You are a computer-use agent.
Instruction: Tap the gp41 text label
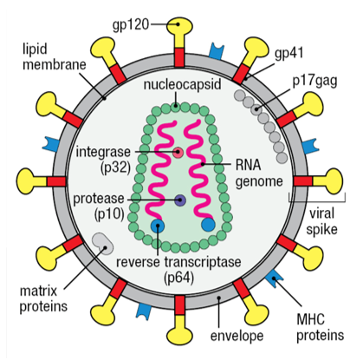293,54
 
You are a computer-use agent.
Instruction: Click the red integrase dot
178,153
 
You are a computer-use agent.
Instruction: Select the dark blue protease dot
179,200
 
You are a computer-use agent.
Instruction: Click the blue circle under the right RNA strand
208,226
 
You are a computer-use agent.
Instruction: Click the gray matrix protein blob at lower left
100,244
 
